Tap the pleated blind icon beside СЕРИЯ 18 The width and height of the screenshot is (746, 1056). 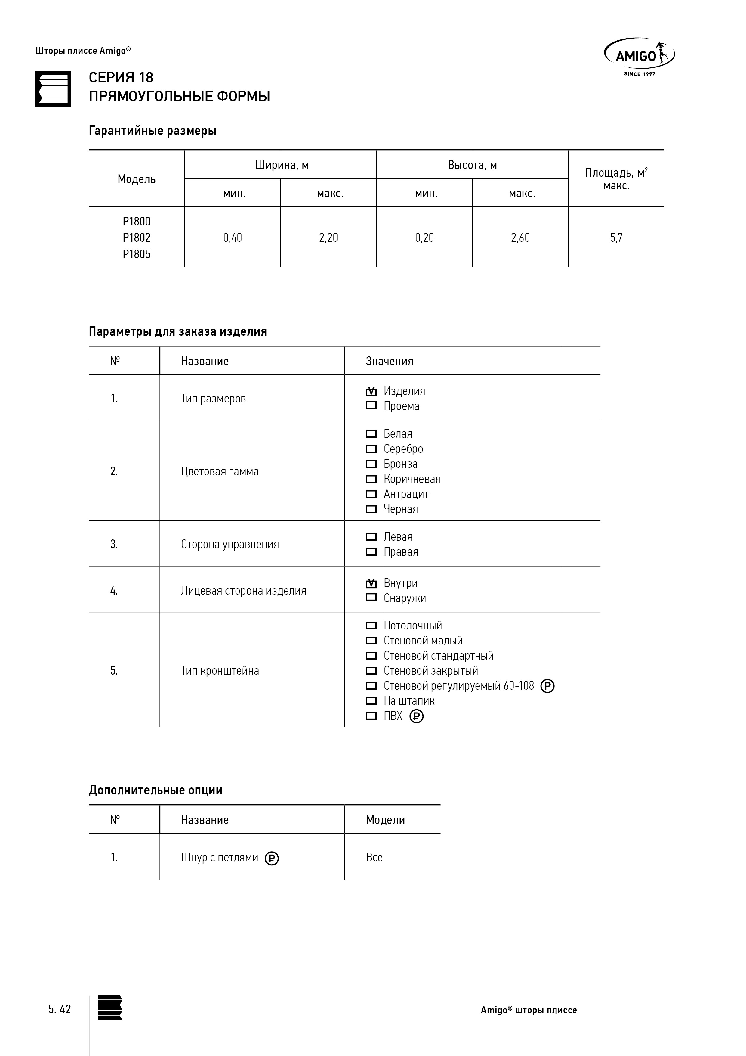53,89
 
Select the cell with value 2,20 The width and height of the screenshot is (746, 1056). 328,238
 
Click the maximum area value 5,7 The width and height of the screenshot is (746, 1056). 616,238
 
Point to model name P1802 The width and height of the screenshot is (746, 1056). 137,238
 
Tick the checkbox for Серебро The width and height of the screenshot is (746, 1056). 371,449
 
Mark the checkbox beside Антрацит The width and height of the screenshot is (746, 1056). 371,494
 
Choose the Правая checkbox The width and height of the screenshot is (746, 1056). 371,552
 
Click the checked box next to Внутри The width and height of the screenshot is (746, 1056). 371,583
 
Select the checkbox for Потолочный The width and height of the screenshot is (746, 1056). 371,626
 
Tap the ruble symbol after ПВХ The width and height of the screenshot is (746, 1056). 416,716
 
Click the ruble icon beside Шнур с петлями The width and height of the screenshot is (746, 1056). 272,858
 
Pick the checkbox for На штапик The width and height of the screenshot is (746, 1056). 371,701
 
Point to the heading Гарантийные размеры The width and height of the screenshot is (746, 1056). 153,131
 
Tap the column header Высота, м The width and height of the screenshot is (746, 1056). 472,165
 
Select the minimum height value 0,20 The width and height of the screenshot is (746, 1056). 424,238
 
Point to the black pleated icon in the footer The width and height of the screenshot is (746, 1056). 110,1007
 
